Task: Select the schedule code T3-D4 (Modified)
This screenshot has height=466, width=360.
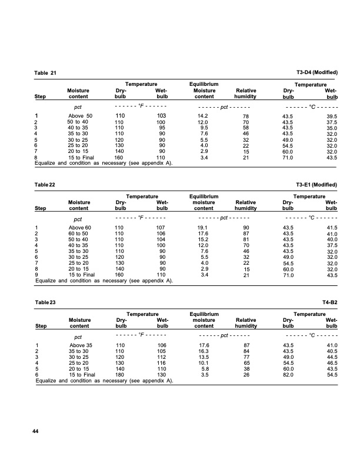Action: coord(318,72)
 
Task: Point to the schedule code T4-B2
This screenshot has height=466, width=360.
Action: coord(330,302)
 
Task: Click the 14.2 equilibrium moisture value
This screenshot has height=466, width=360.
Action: coord(204,116)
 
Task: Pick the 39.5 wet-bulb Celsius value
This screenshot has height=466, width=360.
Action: coord(332,116)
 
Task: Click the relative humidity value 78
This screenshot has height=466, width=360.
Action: coord(246,116)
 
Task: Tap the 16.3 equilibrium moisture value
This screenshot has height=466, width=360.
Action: coord(204,351)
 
